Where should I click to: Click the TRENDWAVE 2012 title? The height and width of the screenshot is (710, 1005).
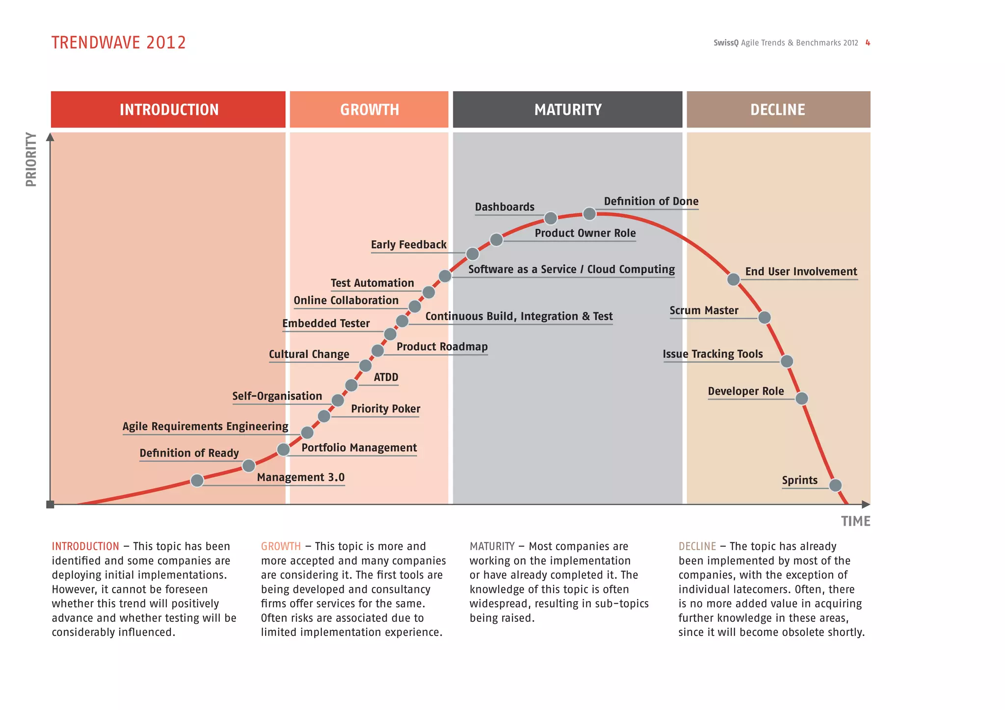[119, 43]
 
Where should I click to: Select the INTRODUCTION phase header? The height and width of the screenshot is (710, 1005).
[168, 109]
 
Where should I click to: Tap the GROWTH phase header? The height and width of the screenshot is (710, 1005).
[369, 109]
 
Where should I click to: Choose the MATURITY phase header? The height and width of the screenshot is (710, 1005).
[567, 109]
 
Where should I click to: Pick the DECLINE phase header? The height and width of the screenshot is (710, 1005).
[778, 109]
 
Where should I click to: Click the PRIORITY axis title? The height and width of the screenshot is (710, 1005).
[31, 159]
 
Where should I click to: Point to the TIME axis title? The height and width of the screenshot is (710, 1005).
[855, 521]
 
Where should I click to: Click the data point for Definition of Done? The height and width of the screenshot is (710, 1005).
[589, 214]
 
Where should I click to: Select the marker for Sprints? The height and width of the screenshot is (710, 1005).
[835, 485]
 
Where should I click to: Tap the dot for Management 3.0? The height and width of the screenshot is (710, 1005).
[197, 481]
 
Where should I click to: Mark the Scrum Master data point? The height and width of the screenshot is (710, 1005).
[765, 318]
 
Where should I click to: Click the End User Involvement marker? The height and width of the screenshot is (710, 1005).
[733, 279]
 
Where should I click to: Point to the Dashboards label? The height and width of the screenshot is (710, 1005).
[504, 207]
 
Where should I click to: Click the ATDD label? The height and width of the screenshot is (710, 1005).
[386, 377]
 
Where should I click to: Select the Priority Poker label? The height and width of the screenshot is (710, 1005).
[385, 409]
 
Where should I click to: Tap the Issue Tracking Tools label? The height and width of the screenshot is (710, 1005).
[713, 354]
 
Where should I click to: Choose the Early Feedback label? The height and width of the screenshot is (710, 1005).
[408, 245]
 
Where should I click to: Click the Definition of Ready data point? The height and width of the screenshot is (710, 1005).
[249, 465]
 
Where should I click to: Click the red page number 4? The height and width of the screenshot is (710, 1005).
[868, 43]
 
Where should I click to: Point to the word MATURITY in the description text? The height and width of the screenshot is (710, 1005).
[492, 546]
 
